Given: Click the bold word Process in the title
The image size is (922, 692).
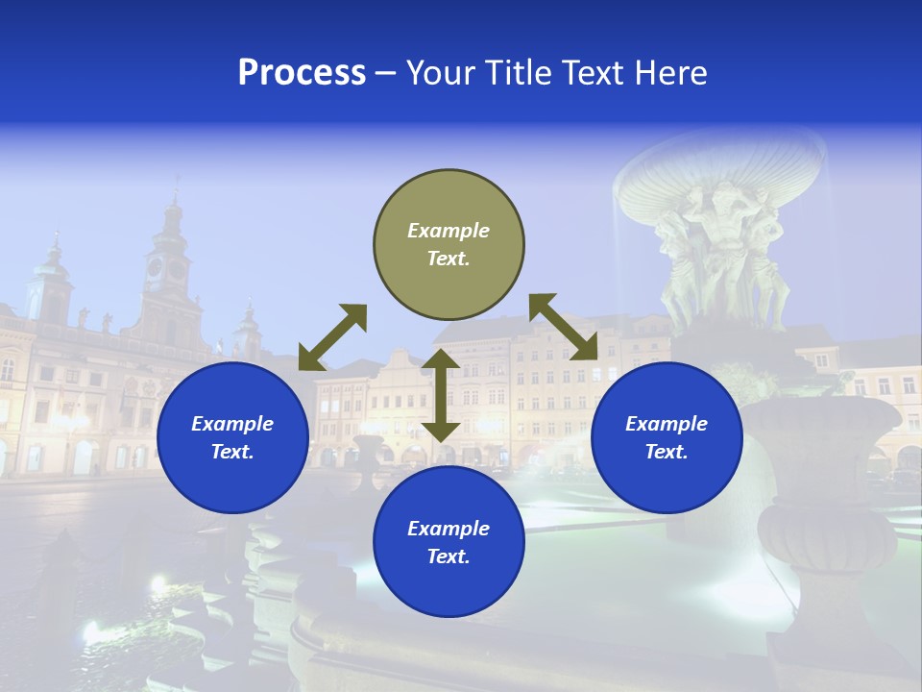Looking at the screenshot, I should coord(302,73).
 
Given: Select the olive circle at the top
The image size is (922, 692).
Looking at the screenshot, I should coord(449,245).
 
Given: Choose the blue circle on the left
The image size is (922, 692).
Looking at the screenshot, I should coord(232,437).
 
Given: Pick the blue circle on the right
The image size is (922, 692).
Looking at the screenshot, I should coord(667,437).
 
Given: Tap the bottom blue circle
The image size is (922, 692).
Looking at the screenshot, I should coord(449,542).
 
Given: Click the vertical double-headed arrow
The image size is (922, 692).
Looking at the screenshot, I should coord(441,395).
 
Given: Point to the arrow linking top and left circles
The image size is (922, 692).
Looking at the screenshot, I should coord(332,337).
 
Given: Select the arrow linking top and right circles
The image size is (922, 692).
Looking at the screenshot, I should coord(564,327).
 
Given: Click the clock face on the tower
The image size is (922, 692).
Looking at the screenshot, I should coord(155,267).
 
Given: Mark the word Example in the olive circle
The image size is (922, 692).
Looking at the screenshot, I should coord(449,231).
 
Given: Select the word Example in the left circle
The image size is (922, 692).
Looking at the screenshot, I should coord(232,424).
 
